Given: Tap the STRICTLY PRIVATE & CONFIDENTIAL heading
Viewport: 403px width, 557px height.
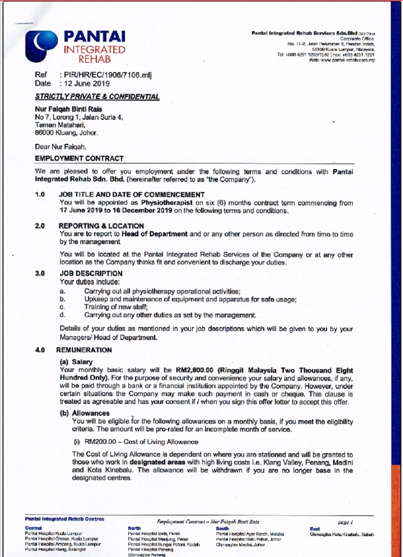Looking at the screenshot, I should coord(97,97).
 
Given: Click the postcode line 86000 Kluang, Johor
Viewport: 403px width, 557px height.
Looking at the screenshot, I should coord(66,133).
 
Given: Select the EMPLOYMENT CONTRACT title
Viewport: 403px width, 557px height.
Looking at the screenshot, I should coord(79,159).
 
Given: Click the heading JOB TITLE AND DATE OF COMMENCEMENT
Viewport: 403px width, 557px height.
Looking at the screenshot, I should coord(132,194).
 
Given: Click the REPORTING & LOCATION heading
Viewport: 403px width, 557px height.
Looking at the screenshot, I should coord(101,226).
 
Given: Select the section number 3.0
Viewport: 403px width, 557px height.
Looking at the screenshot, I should coord(40,274).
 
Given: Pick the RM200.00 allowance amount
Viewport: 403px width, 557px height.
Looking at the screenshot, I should coord(95,442).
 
